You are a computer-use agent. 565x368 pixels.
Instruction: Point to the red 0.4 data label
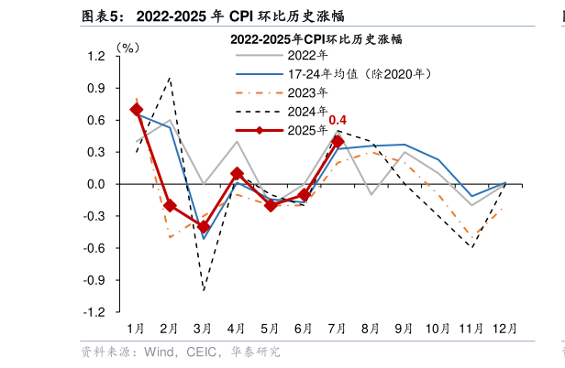click(x=338, y=120)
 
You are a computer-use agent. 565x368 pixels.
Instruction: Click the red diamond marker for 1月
click(x=137, y=110)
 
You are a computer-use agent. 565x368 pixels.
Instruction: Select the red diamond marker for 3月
click(x=204, y=227)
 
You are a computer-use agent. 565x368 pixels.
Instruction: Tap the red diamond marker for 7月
click(x=338, y=142)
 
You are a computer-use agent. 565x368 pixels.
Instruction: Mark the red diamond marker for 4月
click(x=237, y=173)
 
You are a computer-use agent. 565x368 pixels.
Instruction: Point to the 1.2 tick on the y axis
click(x=96, y=57)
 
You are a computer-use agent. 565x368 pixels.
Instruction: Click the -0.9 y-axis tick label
click(x=94, y=280)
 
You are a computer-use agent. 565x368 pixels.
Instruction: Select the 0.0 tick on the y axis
click(x=96, y=184)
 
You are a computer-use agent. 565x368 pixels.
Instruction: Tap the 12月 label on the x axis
click(x=504, y=328)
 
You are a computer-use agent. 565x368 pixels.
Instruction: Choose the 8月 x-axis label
click(x=371, y=328)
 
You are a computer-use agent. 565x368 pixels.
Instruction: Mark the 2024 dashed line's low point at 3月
click(x=204, y=290)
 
